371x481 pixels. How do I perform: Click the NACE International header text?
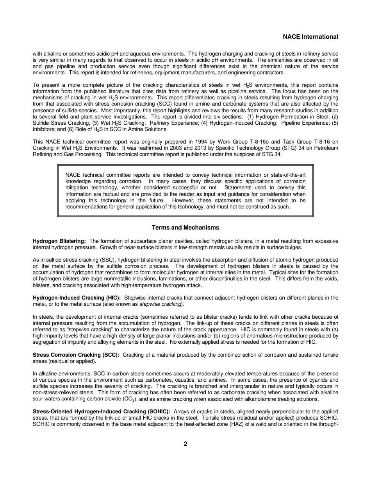point(310,37)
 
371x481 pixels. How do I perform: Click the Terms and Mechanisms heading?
point(185,228)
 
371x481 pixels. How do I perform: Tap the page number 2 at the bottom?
point(185,444)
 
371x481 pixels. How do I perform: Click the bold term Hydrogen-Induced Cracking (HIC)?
point(77,298)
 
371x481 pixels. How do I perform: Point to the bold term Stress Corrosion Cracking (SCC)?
point(76,355)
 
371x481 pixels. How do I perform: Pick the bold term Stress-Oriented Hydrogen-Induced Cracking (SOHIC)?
point(101,412)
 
